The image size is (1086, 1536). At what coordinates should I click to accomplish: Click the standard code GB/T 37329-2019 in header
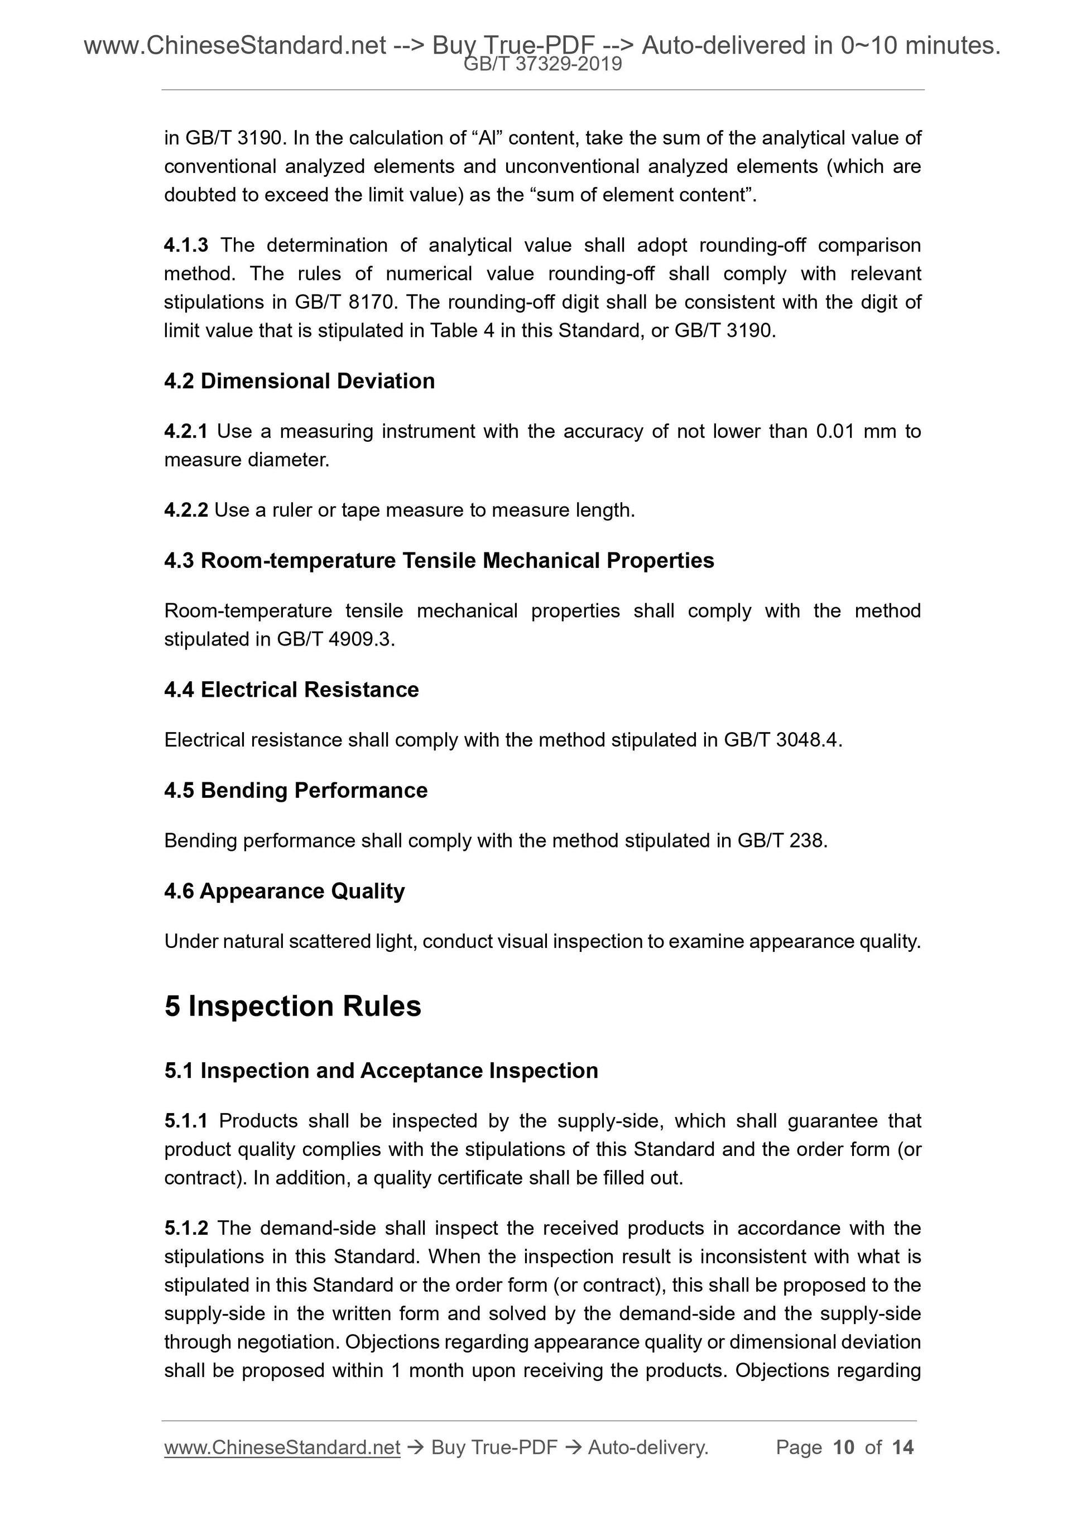tap(542, 64)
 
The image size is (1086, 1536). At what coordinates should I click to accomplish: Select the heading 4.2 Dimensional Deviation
tap(299, 381)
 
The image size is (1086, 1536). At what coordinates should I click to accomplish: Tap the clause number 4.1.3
tap(185, 245)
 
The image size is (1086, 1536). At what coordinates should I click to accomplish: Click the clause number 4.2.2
tap(185, 511)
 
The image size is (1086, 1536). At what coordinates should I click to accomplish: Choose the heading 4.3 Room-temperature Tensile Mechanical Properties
tap(439, 561)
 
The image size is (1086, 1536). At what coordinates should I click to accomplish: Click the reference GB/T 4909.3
tap(335, 639)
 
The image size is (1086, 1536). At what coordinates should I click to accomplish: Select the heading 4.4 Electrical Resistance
tap(291, 690)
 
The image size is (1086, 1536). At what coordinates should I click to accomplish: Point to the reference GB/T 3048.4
tap(780, 740)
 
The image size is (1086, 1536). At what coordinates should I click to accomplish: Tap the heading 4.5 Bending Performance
tap(296, 791)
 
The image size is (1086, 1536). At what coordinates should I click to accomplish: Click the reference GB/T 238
tap(781, 841)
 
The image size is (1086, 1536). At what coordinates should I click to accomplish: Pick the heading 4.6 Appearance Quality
tap(285, 892)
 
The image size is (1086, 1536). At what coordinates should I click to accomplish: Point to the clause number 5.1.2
tap(185, 1228)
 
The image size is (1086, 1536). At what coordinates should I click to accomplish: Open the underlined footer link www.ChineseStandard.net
tap(282, 1448)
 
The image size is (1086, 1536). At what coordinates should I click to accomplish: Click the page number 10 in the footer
tap(844, 1448)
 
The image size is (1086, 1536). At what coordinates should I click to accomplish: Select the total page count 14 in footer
tap(902, 1448)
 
